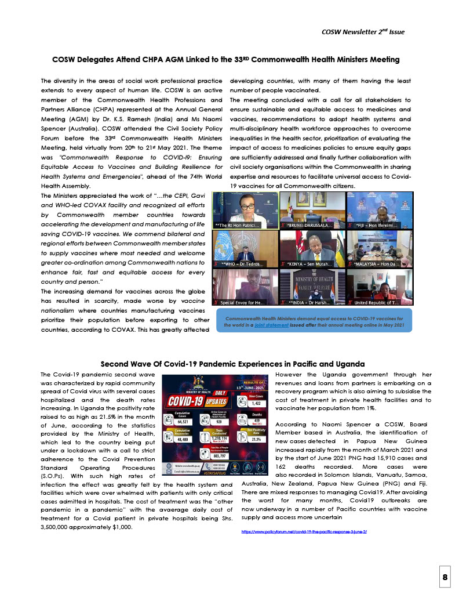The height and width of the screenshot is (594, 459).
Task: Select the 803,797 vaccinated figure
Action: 213,456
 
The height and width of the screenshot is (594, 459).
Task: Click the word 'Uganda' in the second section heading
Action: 347,364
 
